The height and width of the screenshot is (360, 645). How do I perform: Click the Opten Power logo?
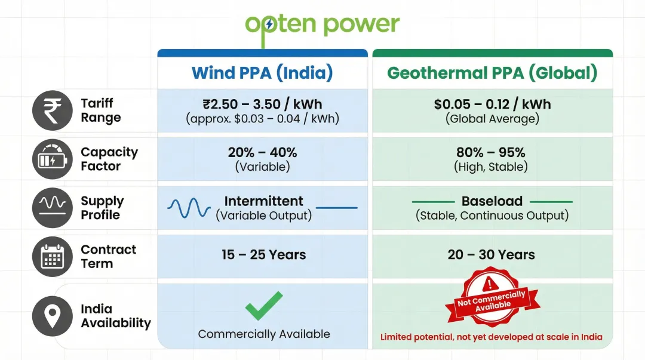[322, 25]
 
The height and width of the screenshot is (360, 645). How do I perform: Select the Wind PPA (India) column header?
[262, 73]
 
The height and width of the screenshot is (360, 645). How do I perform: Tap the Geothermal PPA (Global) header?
[492, 73]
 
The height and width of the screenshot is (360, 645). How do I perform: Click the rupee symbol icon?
[52, 110]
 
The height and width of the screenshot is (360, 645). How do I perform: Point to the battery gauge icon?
[52, 159]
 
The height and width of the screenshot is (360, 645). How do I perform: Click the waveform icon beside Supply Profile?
[52, 207]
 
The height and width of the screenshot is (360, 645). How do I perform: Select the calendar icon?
[52, 256]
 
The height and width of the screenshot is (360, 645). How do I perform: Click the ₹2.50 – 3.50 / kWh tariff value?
[262, 104]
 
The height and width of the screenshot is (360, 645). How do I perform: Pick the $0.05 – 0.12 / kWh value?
[492, 104]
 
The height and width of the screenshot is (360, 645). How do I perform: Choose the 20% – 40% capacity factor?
[262, 152]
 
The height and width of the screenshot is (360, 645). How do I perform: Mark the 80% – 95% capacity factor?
[492, 152]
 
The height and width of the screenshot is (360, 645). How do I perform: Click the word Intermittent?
[263, 201]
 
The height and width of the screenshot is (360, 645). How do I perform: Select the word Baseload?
[492, 201]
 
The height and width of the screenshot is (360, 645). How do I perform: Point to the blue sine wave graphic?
[189, 208]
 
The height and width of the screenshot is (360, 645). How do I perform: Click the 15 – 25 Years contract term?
[263, 255]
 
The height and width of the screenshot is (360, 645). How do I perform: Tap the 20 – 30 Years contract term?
[492, 255]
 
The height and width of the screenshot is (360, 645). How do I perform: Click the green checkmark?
[264, 306]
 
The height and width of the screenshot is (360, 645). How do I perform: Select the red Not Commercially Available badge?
[493, 298]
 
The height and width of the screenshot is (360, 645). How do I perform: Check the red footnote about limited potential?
[492, 337]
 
